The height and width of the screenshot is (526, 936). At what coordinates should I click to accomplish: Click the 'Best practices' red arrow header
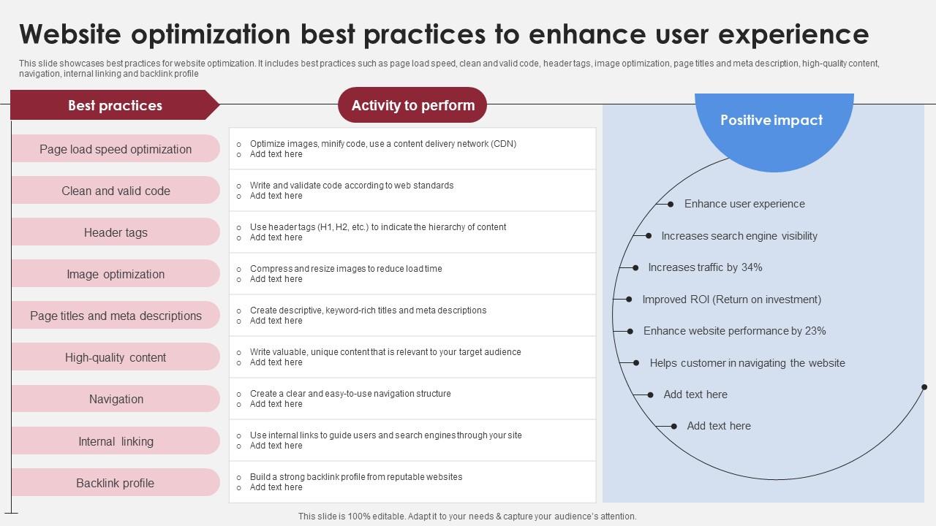point(115,105)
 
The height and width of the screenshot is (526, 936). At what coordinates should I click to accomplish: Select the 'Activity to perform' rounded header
point(412,105)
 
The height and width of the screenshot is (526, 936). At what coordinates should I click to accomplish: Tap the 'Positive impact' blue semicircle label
point(771,121)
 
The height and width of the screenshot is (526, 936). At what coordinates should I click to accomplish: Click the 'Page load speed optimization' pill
point(116,149)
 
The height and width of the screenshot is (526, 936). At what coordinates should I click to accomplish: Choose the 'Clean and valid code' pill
point(116,191)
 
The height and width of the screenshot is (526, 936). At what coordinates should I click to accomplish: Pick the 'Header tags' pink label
point(116,232)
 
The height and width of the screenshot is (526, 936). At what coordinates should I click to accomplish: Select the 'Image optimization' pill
point(116,274)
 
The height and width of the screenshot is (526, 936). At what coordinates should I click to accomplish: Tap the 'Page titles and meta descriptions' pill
point(116,316)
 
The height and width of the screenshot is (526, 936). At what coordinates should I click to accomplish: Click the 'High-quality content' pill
point(116,357)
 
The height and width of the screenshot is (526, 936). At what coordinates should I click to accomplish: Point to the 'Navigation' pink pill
point(116,399)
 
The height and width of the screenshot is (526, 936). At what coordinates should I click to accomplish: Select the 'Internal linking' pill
point(116,441)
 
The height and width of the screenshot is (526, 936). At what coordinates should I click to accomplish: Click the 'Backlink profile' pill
point(116,483)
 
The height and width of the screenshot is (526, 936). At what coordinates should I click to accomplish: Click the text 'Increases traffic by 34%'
point(705,267)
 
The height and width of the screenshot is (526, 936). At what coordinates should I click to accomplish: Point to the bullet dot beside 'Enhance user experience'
point(671,205)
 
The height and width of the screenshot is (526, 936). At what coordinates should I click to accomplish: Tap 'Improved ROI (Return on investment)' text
point(731,300)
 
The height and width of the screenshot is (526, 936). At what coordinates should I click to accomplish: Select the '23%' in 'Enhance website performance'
point(815,331)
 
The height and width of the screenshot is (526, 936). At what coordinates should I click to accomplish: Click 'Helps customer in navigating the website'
point(747,363)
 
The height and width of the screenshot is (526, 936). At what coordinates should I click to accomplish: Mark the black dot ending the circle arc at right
point(924,387)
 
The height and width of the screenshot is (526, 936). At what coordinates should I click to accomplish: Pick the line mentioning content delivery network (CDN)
point(382,144)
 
